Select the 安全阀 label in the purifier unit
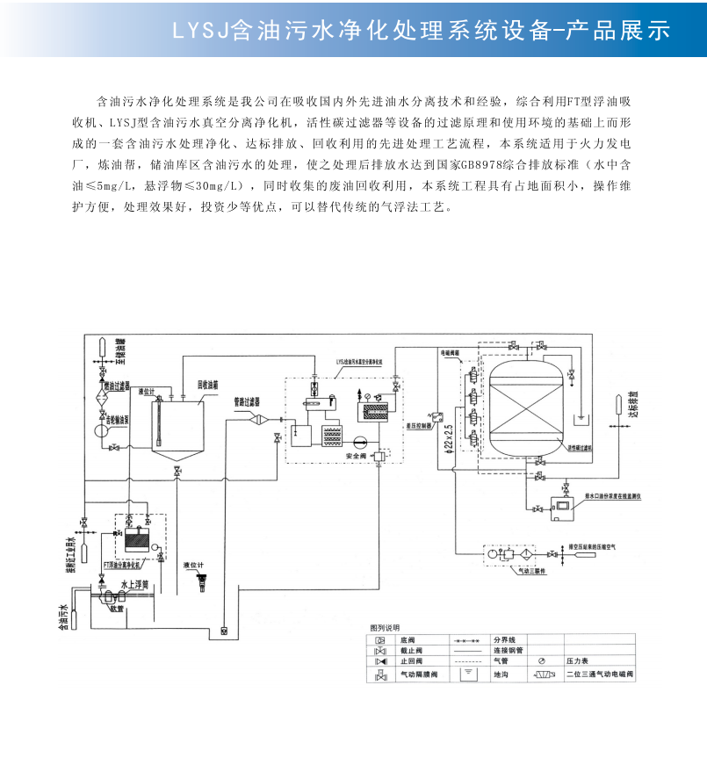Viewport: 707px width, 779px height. (357, 457)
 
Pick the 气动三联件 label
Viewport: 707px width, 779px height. (522, 570)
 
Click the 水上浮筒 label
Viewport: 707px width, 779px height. (133, 583)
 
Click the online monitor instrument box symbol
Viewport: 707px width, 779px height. (558, 507)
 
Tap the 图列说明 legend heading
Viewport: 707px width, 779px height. (384, 628)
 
